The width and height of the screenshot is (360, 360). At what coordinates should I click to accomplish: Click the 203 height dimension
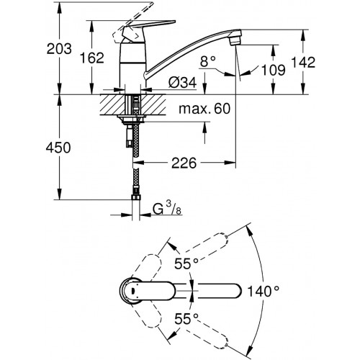tap(59, 49)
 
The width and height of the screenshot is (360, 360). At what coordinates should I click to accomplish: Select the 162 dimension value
tap(92, 58)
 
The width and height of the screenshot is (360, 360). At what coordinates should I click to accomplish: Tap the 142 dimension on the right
tap(303, 62)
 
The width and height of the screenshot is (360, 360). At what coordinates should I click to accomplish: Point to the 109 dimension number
tap(274, 70)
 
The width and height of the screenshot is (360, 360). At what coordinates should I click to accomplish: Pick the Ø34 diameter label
tap(182, 83)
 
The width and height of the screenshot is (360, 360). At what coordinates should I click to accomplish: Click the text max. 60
tap(204, 109)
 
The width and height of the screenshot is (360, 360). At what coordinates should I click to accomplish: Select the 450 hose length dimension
tap(58, 148)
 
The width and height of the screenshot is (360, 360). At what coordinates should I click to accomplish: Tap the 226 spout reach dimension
tap(184, 163)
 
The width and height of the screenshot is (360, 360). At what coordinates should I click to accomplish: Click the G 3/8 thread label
tap(167, 209)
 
